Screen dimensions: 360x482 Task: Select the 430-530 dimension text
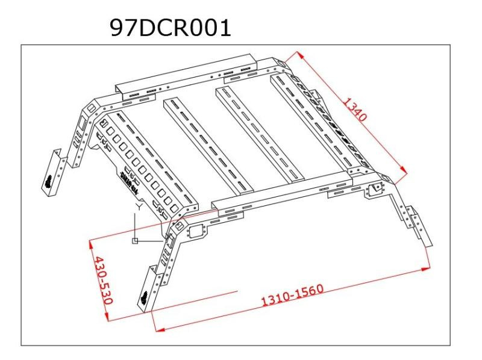point(100,281)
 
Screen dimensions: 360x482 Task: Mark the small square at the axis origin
point(136,241)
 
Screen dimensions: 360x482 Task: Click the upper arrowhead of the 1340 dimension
point(299,53)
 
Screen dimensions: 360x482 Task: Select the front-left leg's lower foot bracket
point(148,291)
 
